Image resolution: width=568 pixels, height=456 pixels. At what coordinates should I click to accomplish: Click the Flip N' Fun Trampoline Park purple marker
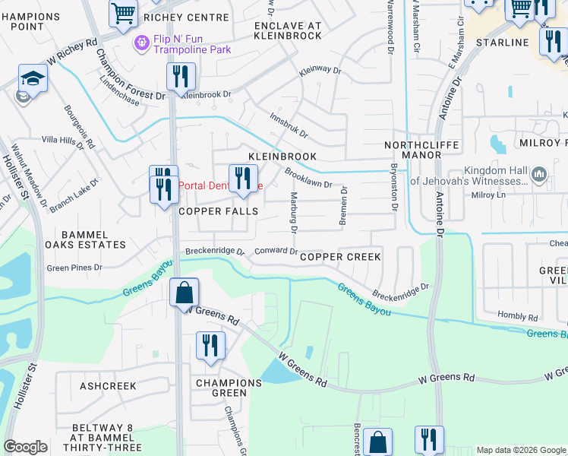[x=140, y=44]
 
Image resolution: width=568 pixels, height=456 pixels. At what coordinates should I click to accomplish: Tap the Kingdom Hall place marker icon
[x=539, y=175]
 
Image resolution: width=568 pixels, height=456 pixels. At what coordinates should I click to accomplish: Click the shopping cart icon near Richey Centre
[x=123, y=12]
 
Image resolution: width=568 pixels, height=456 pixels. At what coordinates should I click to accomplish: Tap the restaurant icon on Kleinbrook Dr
[x=181, y=76]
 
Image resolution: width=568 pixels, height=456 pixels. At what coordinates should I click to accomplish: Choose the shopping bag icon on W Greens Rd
[x=184, y=292]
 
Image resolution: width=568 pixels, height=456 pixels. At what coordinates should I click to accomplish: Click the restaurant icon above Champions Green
[x=210, y=345]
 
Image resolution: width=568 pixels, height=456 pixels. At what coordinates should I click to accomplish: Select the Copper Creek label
[x=340, y=257]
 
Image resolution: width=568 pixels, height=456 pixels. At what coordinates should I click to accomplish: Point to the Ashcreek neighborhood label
[x=108, y=386]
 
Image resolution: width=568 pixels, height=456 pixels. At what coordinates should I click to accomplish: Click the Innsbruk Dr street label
[x=289, y=126]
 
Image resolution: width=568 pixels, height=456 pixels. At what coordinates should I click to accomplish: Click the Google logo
[x=25, y=447]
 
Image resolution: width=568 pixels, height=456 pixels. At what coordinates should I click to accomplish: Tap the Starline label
[x=502, y=43]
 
